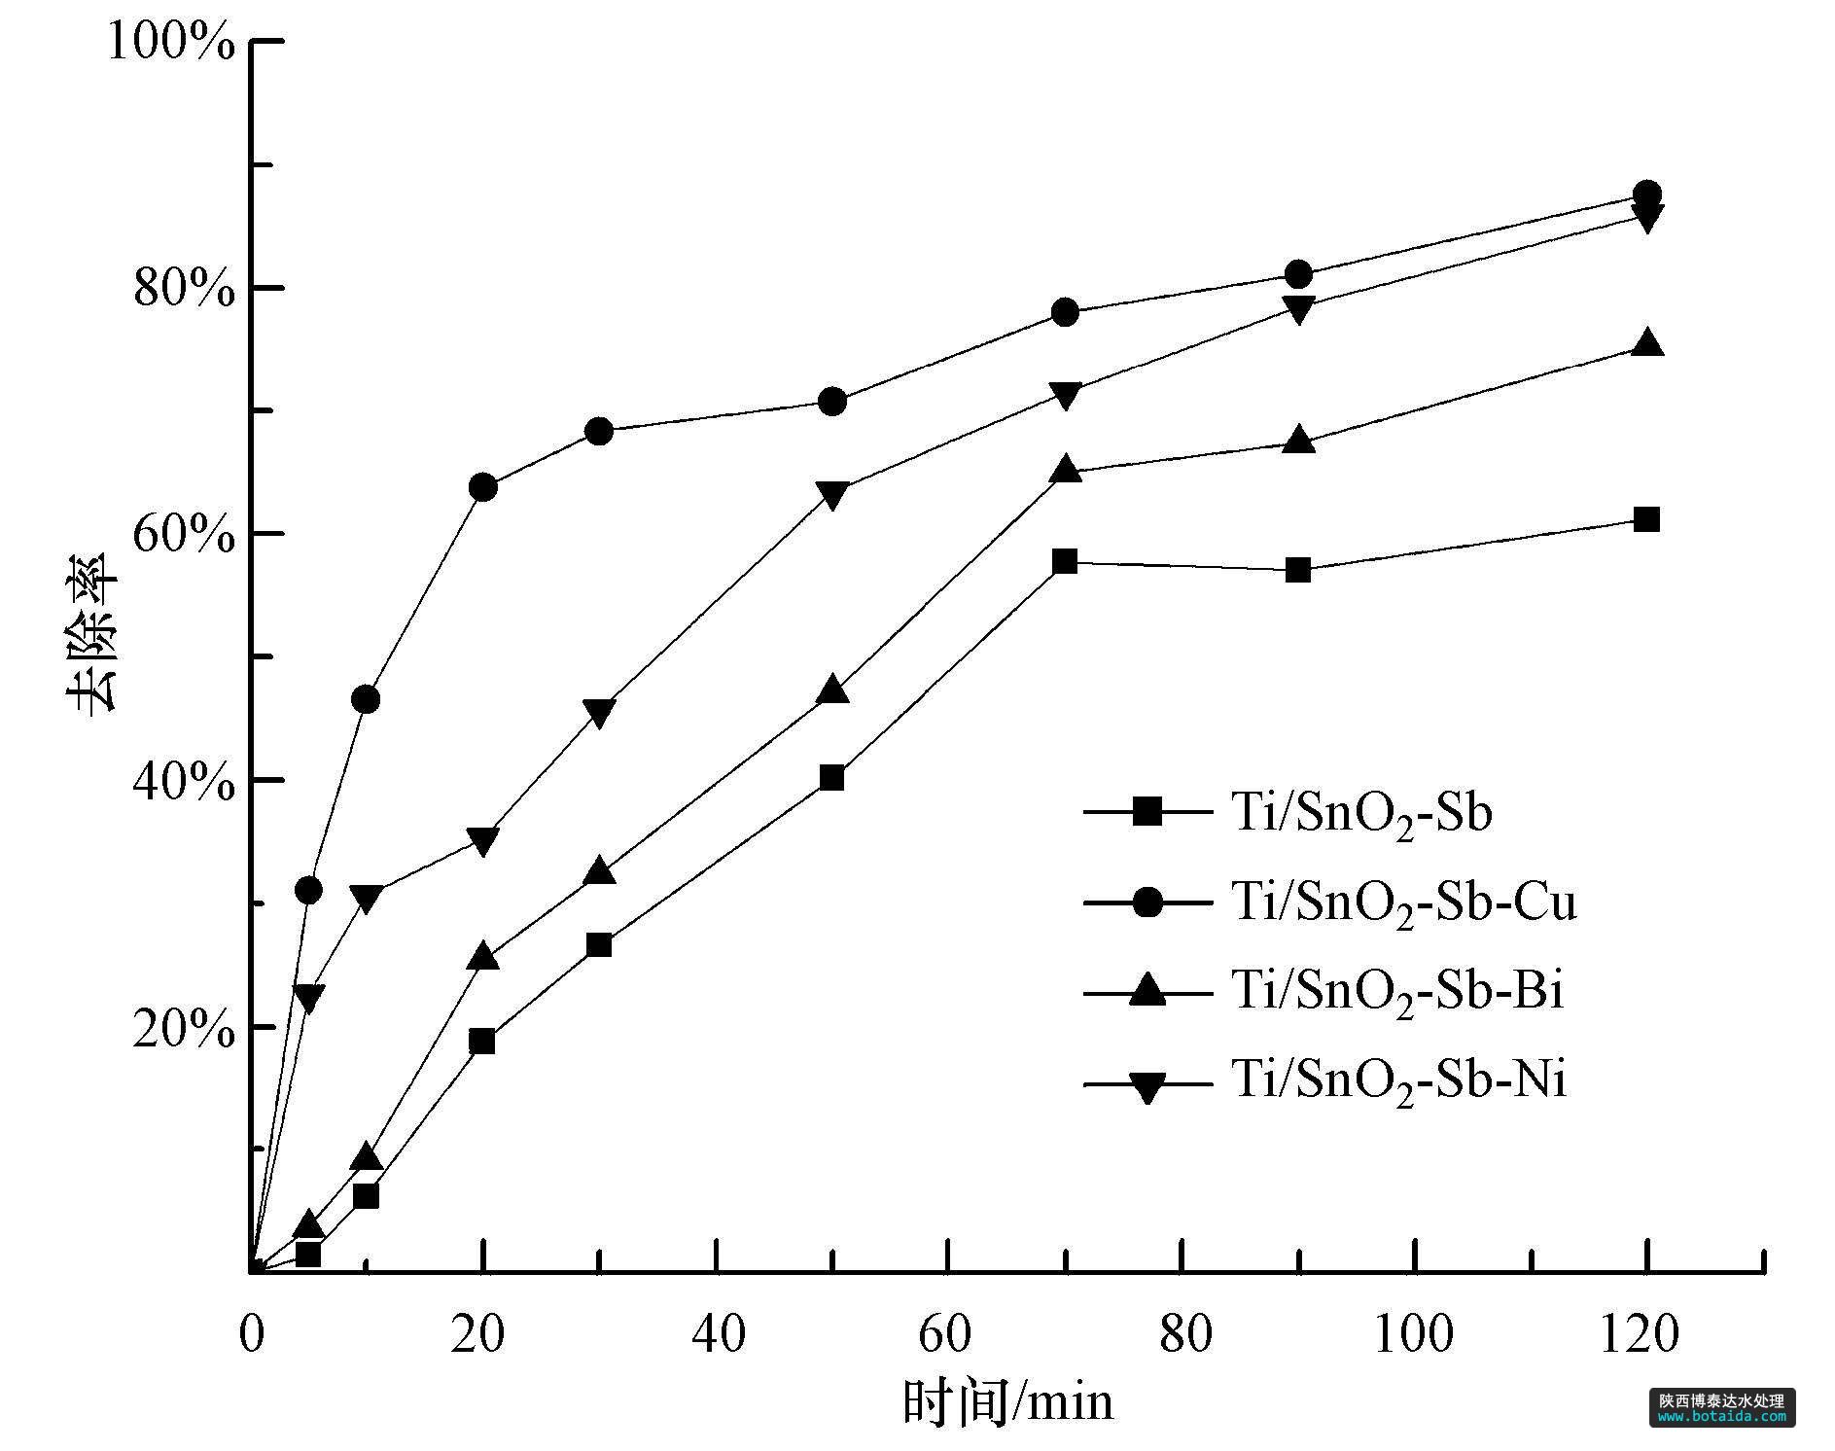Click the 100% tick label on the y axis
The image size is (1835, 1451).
(x=171, y=43)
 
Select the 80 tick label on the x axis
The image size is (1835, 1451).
(x=1185, y=1333)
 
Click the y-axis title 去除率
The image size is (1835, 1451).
(x=93, y=633)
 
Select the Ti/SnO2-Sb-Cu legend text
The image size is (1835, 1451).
(x=1403, y=902)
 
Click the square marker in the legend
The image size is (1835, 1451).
(x=1147, y=811)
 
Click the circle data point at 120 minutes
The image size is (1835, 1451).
(x=1646, y=194)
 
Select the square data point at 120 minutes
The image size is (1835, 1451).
(x=1646, y=519)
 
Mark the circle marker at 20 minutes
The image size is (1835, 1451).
(x=483, y=487)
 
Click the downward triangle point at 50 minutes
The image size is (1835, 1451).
(x=832, y=495)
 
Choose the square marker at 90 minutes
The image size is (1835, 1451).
(x=1298, y=570)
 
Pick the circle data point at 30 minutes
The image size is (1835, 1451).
(x=600, y=431)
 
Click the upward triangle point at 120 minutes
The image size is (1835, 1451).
(x=1646, y=343)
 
